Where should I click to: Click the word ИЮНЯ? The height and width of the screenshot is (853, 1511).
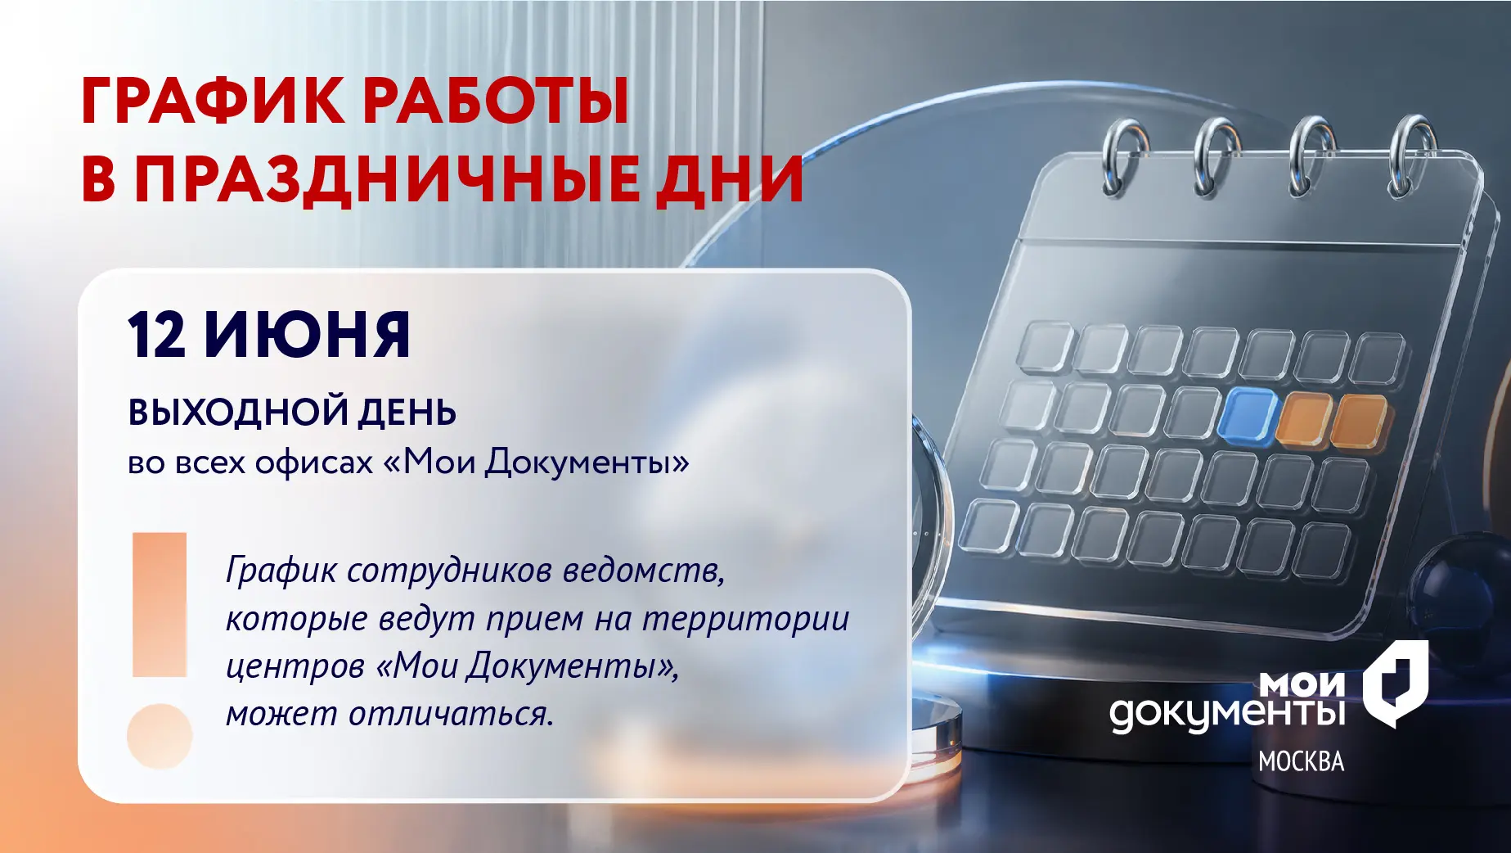pos(307,335)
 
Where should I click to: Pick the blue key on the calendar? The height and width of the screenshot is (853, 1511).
pos(1247,416)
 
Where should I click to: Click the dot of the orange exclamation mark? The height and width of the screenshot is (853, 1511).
pos(160,736)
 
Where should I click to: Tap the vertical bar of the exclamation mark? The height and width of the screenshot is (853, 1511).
pos(160,605)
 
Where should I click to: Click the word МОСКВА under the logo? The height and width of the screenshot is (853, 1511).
pos(1301,761)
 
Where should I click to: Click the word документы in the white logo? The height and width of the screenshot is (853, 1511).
pos(1227,713)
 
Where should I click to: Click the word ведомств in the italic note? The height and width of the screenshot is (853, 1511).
pos(643,571)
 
